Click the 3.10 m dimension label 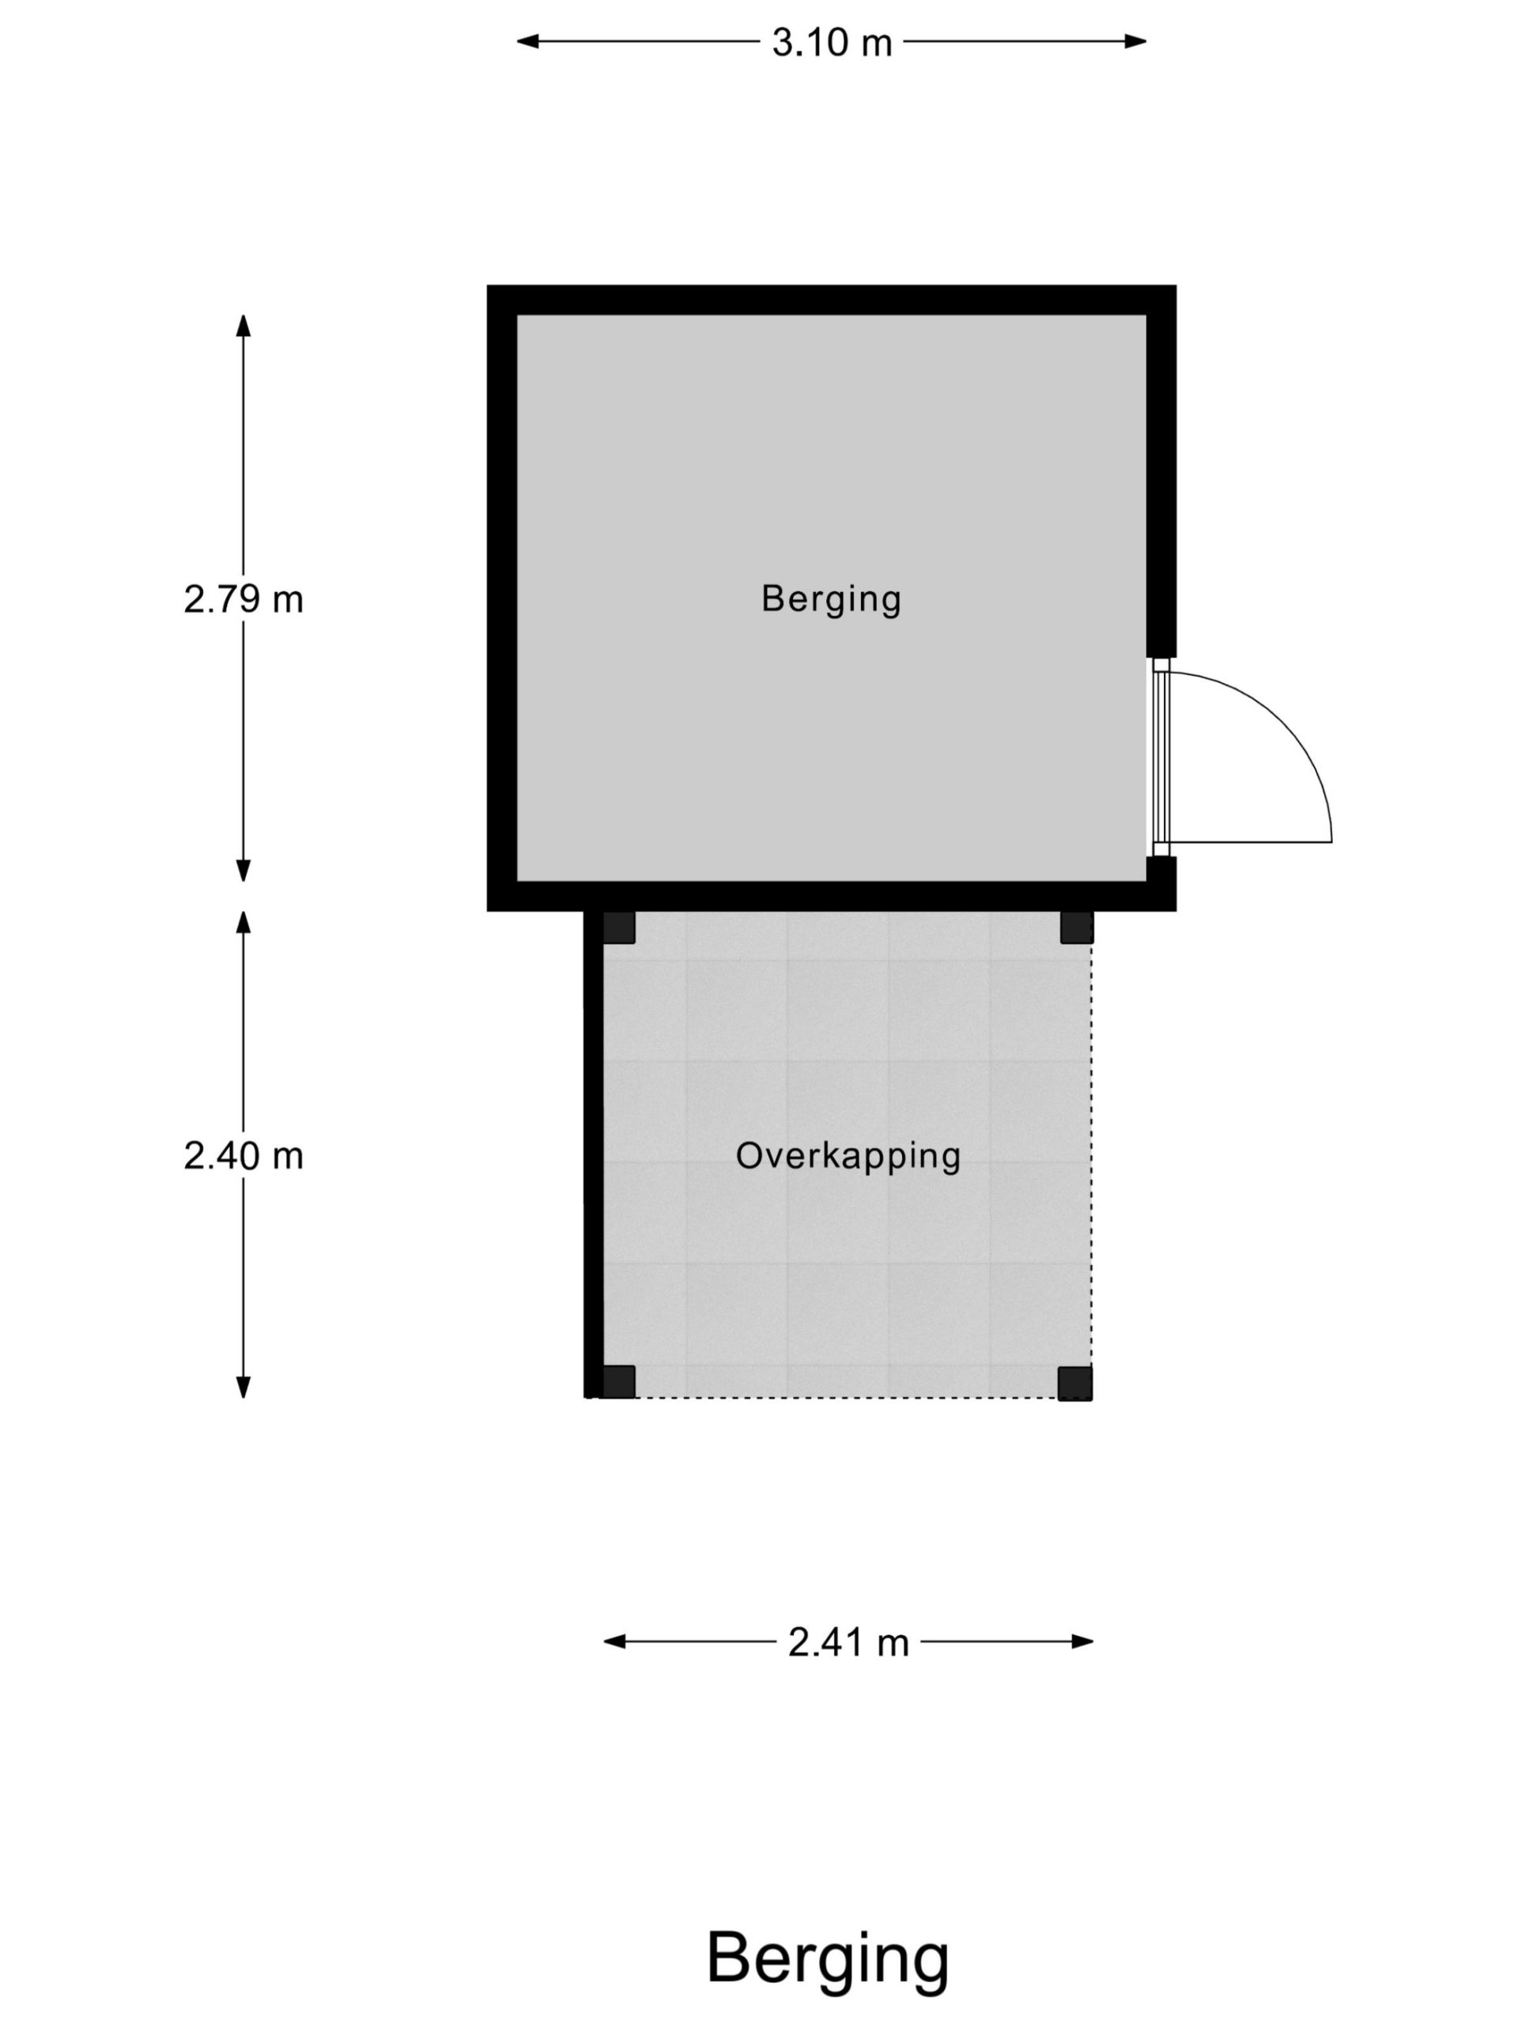click(831, 43)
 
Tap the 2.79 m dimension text click(244, 599)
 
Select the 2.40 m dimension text click(244, 1157)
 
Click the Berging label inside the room click(831, 599)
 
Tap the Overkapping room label click(848, 1157)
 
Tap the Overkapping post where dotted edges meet click(1074, 1383)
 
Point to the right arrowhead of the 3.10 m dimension click(1135, 41)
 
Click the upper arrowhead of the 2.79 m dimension click(244, 326)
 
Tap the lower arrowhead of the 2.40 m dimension click(244, 1388)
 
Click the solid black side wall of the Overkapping click(593, 1155)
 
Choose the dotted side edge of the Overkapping click(1092, 1155)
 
